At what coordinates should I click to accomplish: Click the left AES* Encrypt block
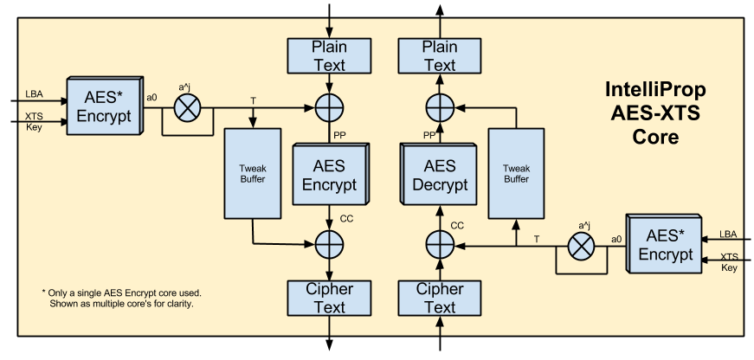coord(103,106)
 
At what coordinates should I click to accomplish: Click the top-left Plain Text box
coord(329,56)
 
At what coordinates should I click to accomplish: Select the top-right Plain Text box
coord(439,56)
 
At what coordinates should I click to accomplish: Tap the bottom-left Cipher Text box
coord(329,298)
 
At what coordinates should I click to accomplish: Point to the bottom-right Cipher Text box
coord(439,298)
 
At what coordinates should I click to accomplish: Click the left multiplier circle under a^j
coord(187,108)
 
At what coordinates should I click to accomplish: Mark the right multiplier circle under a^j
coord(580,246)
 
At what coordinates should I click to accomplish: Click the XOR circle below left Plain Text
coord(329,108)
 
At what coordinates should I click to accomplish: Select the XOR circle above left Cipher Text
coord(329,246)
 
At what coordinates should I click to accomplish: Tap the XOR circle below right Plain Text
coord(440,108)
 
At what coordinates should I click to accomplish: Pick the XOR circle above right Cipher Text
coord(440,246)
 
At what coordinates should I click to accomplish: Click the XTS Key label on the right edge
coord(730,262)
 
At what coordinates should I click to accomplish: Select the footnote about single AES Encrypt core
coord(128,298)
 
